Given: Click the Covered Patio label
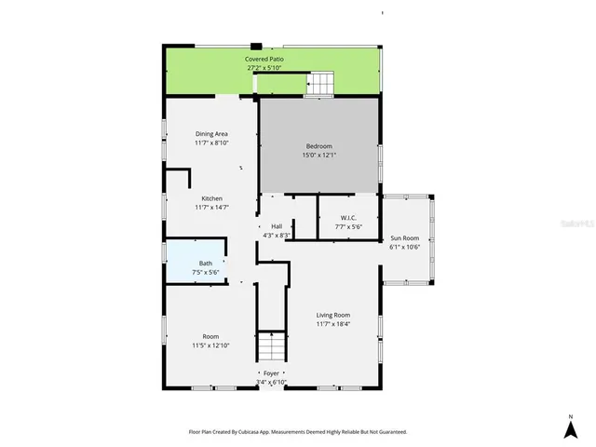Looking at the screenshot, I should [x=264, y=59].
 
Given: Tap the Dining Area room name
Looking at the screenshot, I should [x=211, y=134].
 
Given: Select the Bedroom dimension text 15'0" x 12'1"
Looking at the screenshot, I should [x=318, y=156].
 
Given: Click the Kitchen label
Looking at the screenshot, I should [x=211, y=198].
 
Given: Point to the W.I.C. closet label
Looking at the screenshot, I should [x=336, y=218].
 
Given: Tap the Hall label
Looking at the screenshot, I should [x=277, y=226].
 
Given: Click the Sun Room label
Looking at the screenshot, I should [x=405, y=237].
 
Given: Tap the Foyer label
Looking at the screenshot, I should [x=271, y=373].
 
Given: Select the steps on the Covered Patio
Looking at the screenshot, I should [x=319, y=85].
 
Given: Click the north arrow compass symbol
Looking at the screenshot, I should [x=569, y=429].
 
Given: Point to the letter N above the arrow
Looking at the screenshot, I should [x=569, y=415].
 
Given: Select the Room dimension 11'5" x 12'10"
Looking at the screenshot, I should [x=211, y=345].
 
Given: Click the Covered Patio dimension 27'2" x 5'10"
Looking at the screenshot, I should [x=264, y=68].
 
